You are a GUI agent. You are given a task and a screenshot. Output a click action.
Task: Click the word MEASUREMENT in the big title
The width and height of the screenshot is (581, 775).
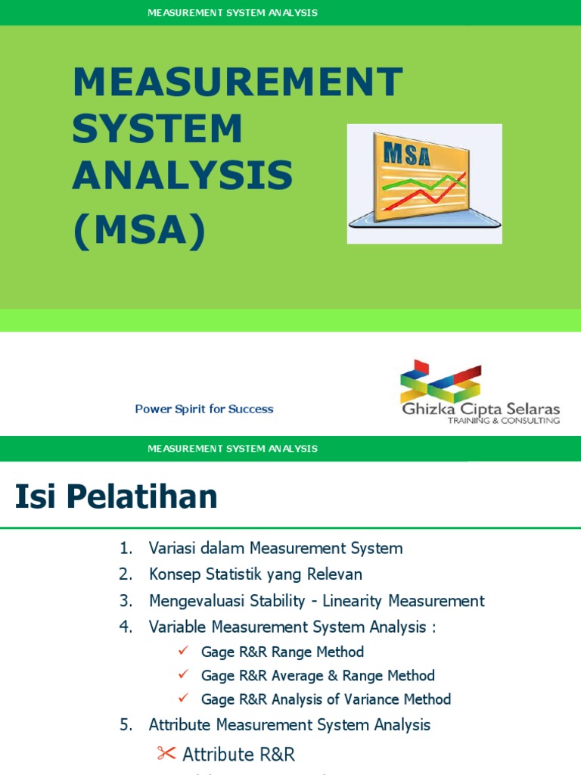(237, 82)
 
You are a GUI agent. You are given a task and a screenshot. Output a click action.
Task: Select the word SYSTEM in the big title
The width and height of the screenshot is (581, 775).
(157, 129)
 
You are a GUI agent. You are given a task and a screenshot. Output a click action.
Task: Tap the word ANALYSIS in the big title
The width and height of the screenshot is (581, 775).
(182, 176)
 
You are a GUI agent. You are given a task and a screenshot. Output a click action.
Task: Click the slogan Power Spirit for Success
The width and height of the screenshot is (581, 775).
(204, 409)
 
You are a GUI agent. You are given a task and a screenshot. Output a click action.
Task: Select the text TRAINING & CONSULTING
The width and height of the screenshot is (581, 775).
(504, 420)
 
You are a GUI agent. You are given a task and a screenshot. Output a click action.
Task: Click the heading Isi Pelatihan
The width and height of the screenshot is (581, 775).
(117, 496)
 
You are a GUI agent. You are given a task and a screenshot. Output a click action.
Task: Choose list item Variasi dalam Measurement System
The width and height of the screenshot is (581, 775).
(275, 548)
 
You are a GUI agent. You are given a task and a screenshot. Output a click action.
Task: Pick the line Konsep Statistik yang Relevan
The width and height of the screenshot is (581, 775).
(256, 574)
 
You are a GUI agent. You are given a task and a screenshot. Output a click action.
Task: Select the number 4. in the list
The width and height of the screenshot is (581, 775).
(126, 627)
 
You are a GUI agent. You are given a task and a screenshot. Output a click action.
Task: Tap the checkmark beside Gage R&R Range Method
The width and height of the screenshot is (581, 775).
(182, 651)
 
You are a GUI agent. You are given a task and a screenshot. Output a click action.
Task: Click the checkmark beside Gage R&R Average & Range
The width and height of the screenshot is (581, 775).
(182, 674)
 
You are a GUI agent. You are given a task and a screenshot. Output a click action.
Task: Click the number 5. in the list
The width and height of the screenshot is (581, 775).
(126, 725)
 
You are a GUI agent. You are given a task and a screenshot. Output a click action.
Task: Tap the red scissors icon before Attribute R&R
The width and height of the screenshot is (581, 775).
(166, 752)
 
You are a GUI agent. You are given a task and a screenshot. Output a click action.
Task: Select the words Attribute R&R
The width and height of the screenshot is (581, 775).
(239, 754)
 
